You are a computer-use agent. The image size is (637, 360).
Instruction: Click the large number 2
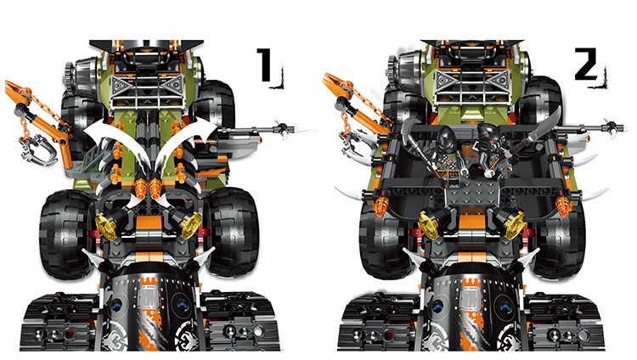586,64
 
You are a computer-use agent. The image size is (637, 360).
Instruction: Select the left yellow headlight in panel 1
106,227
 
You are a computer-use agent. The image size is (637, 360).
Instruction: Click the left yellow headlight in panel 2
429,225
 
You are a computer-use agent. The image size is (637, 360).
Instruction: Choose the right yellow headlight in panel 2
514,225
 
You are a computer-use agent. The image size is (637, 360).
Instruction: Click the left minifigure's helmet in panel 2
447,138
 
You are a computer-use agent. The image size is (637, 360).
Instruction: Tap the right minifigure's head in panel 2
486,135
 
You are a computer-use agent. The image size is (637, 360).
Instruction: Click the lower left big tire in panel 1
66,234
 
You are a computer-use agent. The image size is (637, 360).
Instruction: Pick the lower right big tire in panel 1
232,231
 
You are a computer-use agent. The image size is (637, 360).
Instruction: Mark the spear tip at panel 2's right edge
617,127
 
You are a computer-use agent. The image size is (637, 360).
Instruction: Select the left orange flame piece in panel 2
381,207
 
